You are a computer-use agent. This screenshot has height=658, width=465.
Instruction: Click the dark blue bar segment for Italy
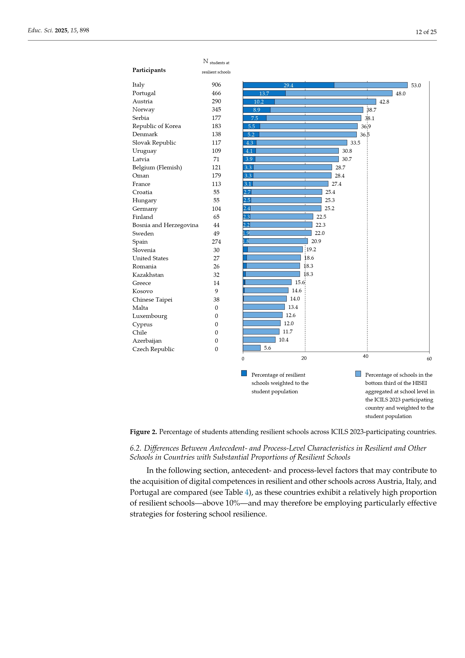[x=288, y=85]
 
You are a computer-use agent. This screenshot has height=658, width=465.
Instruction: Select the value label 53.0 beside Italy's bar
[x=416, y=86]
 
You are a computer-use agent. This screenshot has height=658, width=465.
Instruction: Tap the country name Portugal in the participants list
[x=144, y=93]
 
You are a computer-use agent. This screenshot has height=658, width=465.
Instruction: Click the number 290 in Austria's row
[x=216, y=102]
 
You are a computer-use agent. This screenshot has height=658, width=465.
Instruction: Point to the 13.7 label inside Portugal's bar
[x=264, y=93]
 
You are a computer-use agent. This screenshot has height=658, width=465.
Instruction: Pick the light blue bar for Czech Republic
[x=251, y=348]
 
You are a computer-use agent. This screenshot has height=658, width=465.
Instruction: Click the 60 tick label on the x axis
[x=429, y=359]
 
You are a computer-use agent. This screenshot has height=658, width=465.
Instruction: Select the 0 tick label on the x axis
[x=243, y=359]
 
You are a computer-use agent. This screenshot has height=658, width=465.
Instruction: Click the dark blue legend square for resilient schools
[x=244, y=373]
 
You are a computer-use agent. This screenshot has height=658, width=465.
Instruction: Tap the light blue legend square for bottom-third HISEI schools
[x=358, y=374]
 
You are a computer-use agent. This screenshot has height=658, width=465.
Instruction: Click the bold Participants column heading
[x=149, y=70]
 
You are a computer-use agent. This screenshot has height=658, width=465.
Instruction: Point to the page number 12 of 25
[x=426, y=32]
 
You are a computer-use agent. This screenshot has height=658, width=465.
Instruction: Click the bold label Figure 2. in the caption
[x=143, y=432]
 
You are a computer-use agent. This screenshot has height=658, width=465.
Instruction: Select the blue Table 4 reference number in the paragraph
[x=247, y=492]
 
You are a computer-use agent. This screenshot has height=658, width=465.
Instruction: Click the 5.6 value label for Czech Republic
[x=267, y=348]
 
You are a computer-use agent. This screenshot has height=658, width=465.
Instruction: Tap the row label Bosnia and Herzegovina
[x=165, y=225]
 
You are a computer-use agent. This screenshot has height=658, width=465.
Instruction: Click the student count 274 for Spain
[x=216, y=242]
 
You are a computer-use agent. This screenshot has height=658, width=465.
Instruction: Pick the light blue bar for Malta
[x=263, y=307]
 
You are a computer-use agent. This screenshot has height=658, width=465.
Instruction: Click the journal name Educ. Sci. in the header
[x=40, y=30]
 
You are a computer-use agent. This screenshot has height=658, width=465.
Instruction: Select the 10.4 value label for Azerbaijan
[x=283, y=340]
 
